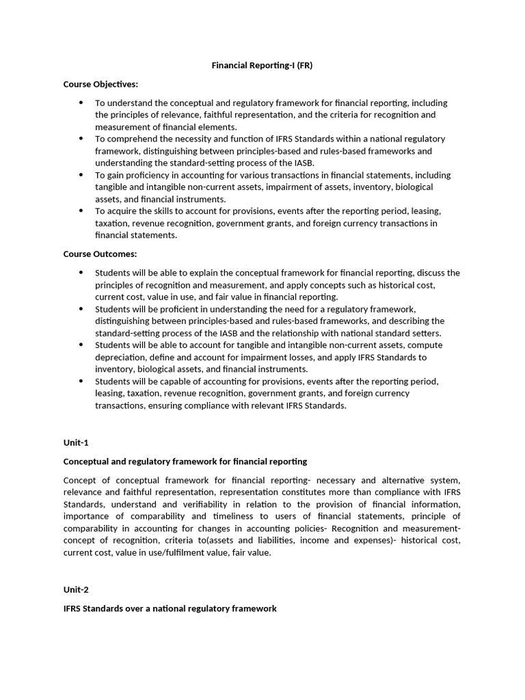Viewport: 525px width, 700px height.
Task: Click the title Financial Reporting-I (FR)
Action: (x=262, y=66)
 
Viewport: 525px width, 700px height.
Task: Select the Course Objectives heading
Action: (x=100, y=84)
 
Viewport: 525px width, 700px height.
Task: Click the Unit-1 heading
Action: (x=76, y=442)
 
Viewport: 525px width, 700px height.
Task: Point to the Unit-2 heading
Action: (x=76, y=589)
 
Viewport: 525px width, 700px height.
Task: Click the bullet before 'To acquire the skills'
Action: (x=81, y=211)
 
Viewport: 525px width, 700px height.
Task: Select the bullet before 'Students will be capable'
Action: (x=81, y=381)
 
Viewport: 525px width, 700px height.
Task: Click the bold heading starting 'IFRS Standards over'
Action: (x=170, y=608)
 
